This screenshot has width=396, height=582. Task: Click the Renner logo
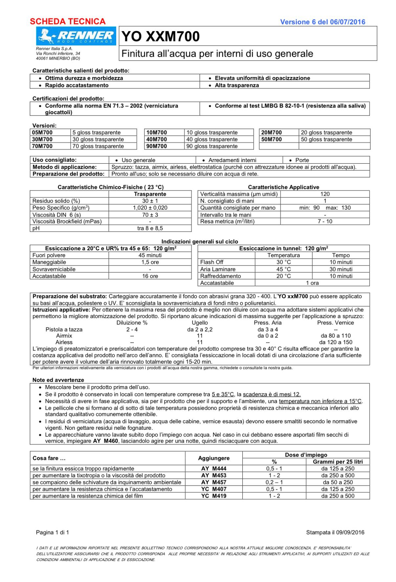[76, 36]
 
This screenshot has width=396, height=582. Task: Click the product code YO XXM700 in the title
[161, 36]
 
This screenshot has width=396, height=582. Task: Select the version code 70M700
[42, 146]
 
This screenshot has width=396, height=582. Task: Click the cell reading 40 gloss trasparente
[212, 139]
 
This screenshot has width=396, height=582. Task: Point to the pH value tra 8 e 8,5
[150, 228]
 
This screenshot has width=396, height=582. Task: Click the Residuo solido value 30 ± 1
[150, 201]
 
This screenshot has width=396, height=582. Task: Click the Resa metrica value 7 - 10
[325, 221]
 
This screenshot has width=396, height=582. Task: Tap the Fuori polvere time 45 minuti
[150, 255]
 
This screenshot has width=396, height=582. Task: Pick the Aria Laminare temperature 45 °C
[283, 269]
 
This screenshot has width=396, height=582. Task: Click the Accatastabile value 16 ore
[150, 276]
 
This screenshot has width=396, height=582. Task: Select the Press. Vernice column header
[335, 322]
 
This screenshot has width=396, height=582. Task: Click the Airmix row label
[64, 336]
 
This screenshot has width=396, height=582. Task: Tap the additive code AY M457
[213, 482]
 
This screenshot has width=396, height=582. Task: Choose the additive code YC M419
[213, 496]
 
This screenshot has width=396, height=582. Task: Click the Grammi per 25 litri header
[338, 462]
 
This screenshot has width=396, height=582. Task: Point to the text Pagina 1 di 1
[53, 532]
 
